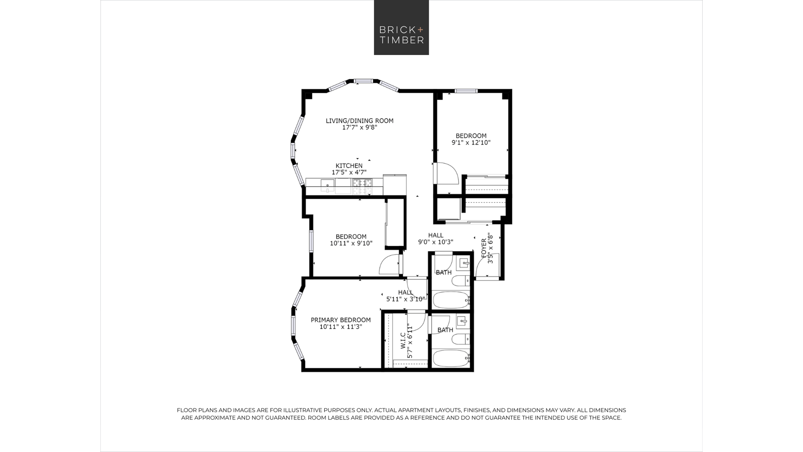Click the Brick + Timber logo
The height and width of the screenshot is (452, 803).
click(401, 27)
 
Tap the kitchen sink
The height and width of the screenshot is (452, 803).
click(328, 184)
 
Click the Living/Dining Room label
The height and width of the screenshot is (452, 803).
click(359, 121)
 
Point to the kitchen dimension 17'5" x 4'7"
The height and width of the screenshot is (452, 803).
click(349, 172)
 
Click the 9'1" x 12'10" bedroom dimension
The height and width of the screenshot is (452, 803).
click(471, 143)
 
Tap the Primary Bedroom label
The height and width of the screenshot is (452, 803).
click(340, 320)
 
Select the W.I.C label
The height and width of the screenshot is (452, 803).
click(403, 340)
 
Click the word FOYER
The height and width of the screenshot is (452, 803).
click(484, 248)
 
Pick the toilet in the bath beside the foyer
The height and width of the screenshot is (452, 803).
click(461, 280)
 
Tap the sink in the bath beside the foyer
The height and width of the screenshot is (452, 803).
click(464, 264)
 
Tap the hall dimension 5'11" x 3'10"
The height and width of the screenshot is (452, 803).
click(406, 299)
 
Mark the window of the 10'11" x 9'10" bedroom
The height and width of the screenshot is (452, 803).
click(311, 241)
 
